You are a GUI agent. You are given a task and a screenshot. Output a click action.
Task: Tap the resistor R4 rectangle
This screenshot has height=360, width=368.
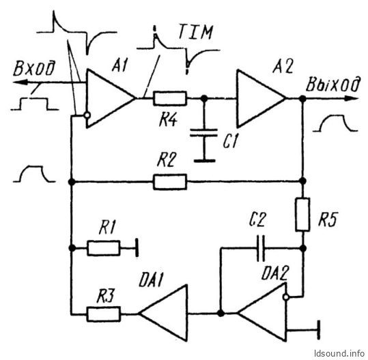click(x=170, y=98)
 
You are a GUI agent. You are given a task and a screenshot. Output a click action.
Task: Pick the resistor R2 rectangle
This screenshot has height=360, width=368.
click(x=170, y=181)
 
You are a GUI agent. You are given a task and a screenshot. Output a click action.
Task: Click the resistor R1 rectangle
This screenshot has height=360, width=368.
click(x=104, y=248)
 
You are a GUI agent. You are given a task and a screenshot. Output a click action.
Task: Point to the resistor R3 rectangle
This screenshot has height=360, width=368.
click(x=104, y=314)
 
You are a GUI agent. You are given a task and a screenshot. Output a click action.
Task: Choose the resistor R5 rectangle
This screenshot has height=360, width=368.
click(x=302, y=215)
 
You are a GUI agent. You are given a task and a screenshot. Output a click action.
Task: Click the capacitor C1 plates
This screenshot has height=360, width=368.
click(x=203, y=132)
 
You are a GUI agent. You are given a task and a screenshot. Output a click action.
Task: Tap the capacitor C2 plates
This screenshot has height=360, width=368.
click(x=261, y=248)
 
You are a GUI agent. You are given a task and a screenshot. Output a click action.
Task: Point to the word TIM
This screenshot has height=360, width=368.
click(x=195, y=31)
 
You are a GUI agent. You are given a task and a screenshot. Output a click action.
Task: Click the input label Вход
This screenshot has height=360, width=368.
click(x=34, y=69)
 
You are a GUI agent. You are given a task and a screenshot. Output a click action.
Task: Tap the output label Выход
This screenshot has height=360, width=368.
click(x=332, y=84)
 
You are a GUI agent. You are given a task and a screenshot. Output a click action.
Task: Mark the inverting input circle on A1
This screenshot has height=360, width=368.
click(x=87, y=115)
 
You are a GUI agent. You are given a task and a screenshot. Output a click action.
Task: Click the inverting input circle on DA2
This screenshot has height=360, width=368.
click(x=285, y=297)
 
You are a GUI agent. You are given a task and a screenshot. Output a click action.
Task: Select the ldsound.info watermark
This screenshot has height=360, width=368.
click(x=339, y=353)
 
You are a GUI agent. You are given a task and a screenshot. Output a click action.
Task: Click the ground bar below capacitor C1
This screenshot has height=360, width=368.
click(x=204, y=161)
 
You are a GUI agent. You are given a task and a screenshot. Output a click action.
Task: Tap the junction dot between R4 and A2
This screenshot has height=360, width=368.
click(x=204, y=98)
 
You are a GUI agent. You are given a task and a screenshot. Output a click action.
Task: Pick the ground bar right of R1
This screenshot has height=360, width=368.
click(x=137, y=248)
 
